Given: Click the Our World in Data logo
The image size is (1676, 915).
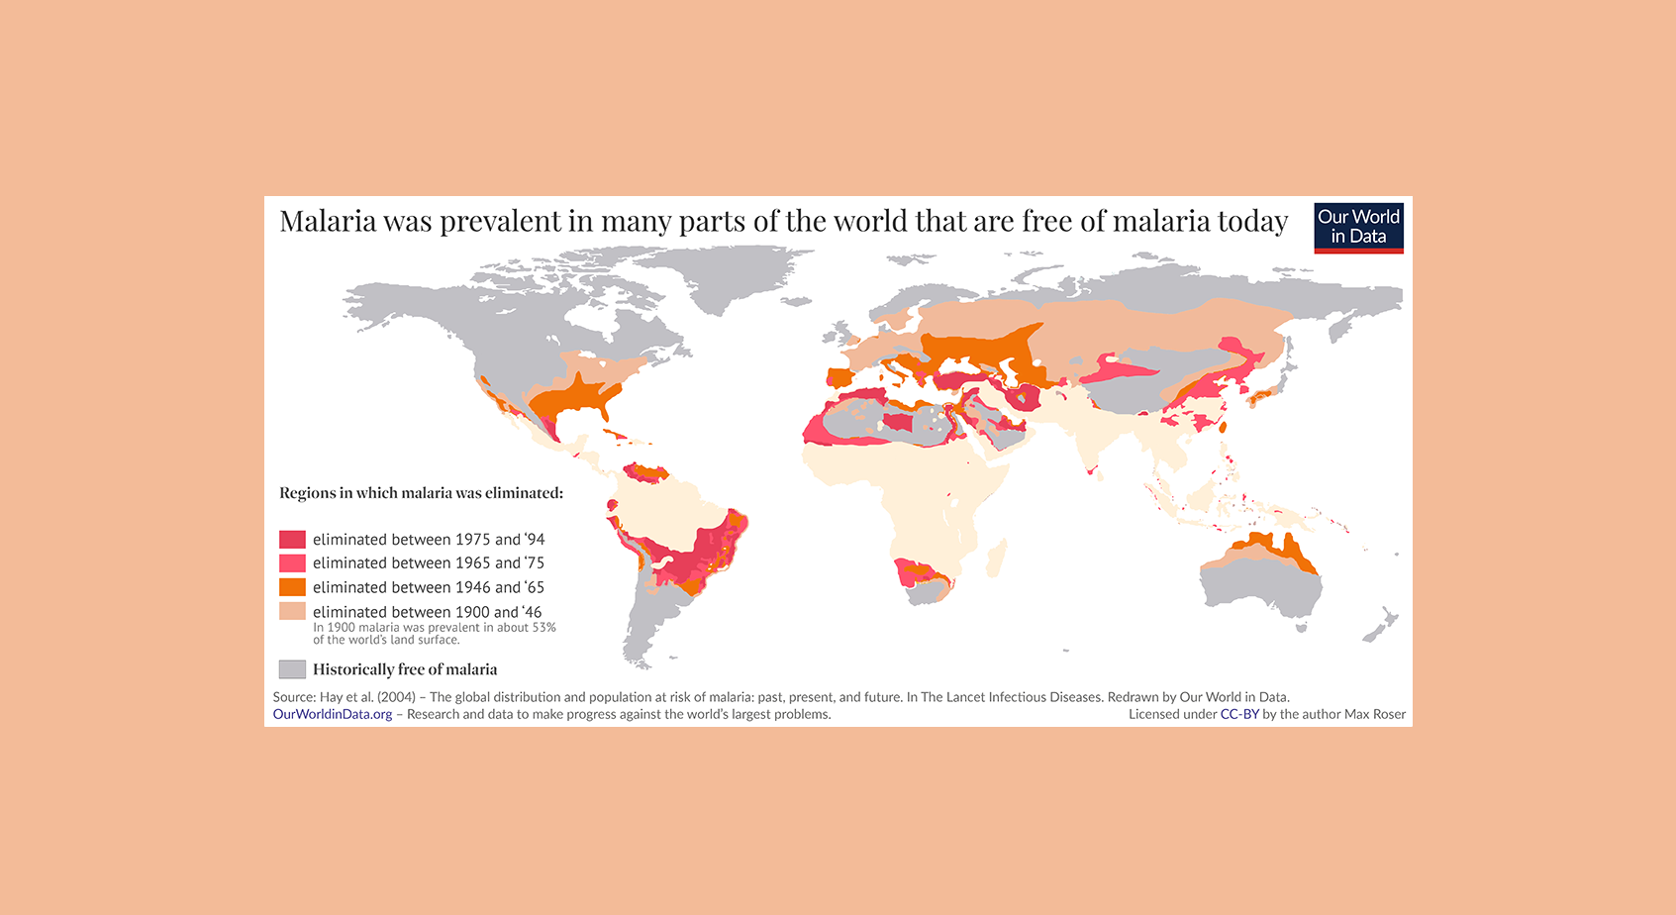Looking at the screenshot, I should click(1358, 228).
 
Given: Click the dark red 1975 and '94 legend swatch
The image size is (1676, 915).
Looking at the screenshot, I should click(292, 540).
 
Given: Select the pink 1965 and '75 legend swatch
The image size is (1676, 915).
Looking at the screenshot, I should click(292, 563).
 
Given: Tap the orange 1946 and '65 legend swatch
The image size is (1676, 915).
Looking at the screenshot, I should click(292, 587).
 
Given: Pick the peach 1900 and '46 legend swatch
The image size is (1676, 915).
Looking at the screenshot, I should click(292, 611).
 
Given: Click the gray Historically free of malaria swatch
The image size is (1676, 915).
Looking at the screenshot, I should click(292, 669).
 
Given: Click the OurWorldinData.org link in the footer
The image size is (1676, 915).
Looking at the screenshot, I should click(333, 714).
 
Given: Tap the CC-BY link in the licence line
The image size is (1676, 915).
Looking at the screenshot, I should click(1238, 714).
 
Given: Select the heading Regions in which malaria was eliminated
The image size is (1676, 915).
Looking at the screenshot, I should click(421, 493).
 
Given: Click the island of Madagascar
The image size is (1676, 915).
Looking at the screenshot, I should click(997, 558).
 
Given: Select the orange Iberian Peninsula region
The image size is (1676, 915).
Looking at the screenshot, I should click(838, 377).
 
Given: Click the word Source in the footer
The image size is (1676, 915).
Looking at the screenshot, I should click(293, 697).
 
